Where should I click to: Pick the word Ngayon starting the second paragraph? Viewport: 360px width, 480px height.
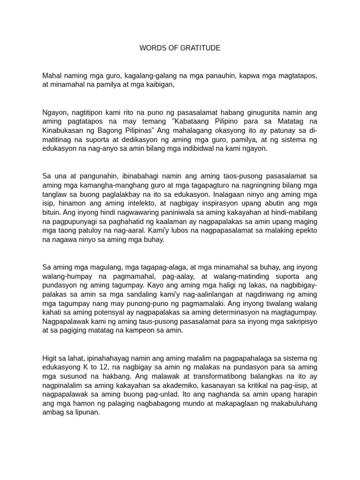point(54,112)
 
